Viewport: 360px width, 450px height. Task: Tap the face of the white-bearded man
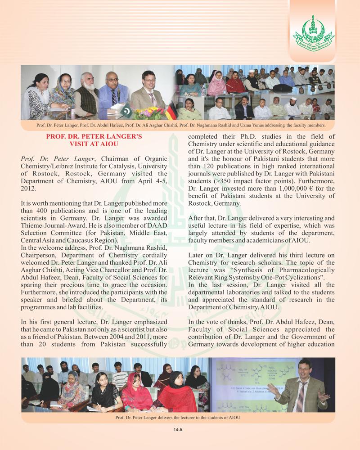tap(86, 84)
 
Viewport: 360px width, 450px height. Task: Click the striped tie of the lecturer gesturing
tap(300, 395)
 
